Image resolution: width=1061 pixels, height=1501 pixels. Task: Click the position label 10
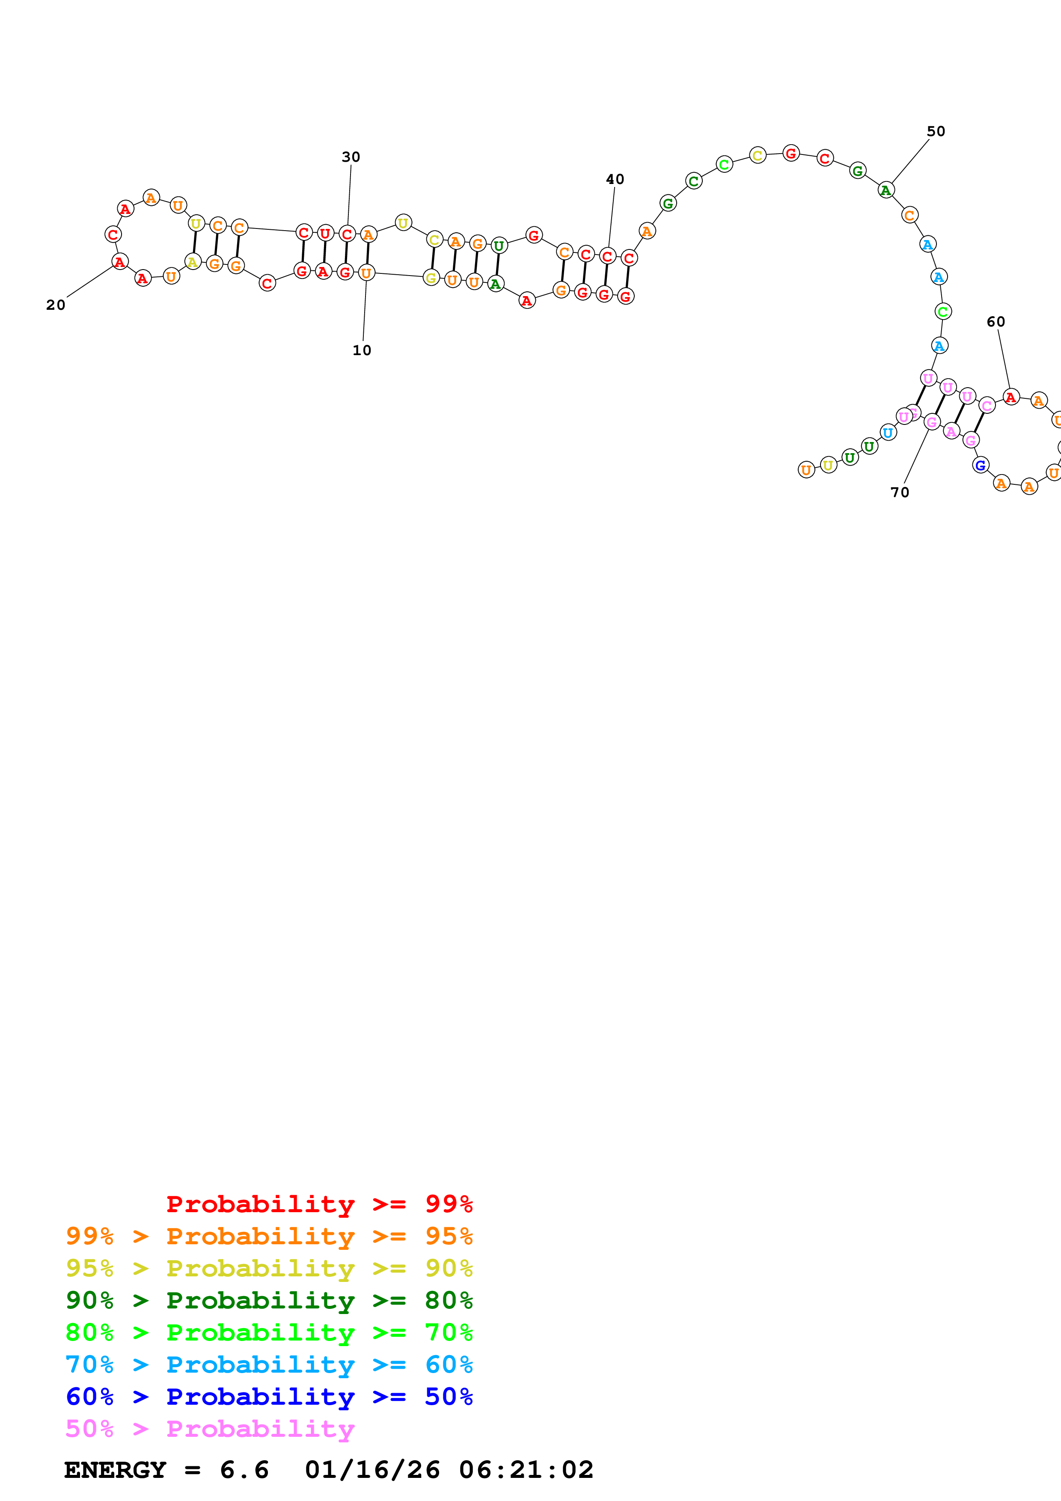point(362,350)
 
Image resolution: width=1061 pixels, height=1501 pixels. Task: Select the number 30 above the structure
point(351,157)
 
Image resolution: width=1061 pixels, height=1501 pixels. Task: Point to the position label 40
point(615,179)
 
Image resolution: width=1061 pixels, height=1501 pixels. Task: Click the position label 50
point(936,131)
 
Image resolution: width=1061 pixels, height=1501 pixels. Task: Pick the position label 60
point(996,322)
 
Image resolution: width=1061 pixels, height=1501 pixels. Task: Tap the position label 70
point(900,492)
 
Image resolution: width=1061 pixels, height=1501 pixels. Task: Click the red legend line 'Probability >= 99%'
point(319,1204)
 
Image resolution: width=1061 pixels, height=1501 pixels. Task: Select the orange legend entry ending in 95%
point(269,1236)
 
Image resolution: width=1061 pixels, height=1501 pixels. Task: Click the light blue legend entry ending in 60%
point(269,1365)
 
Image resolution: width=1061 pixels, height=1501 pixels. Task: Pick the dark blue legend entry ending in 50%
point(269,1397)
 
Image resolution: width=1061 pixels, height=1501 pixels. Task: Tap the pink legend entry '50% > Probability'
point(209,1428)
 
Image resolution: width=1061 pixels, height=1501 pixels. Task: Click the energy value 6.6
point(244,1470)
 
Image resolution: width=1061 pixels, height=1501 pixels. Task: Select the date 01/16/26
point(372,1470)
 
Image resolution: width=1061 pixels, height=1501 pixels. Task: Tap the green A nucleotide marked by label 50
point(886,190)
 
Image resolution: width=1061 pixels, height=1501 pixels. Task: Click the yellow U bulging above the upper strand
point(403,223)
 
